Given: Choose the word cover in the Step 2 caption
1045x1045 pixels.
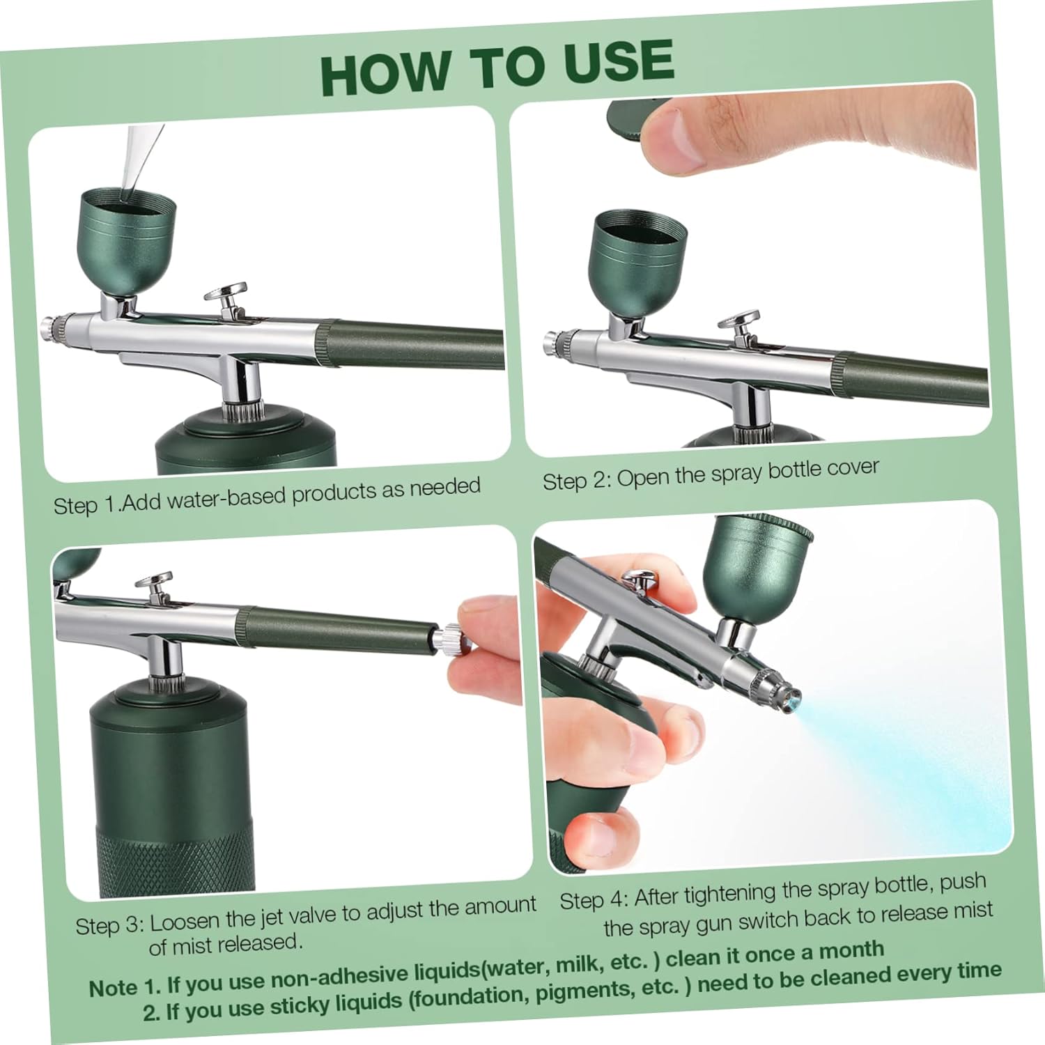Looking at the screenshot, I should point(853,467).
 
